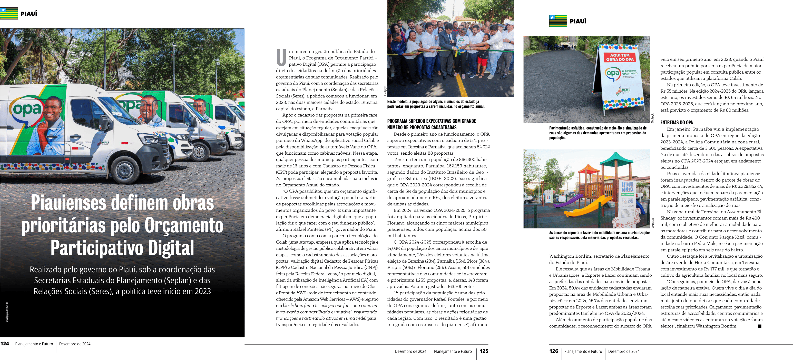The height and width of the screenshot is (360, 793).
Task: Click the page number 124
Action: [x=5, y=344]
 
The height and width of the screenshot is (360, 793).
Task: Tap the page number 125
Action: [x=484, y=351]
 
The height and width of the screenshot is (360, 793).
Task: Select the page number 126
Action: [x=553, y=351]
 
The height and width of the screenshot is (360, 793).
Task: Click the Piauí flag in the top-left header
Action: [x=9, y=14]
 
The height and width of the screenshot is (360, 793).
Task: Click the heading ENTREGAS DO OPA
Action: [x=676, y=123]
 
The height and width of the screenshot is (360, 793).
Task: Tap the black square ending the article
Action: [x=759, y=326]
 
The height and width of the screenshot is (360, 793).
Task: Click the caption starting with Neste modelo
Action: [x=436, y=104]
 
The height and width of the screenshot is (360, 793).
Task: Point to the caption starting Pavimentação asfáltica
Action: [x=598, y=133]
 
